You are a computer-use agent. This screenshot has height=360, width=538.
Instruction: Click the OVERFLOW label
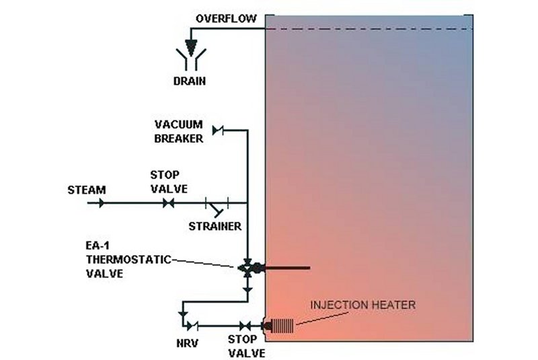226,17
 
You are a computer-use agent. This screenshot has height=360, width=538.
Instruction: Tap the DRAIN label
189,81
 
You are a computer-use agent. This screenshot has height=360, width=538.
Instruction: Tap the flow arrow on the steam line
101,203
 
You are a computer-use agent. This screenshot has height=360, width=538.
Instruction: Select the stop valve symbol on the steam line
168,203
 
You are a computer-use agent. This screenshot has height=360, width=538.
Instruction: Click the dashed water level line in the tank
370,29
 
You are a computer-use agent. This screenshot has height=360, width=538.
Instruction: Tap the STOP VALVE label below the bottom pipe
243,346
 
